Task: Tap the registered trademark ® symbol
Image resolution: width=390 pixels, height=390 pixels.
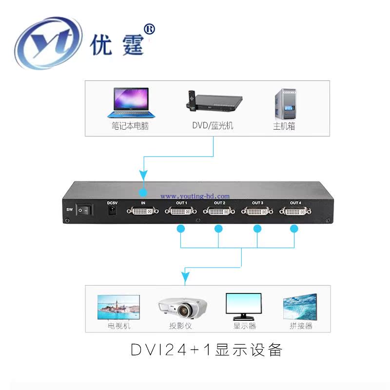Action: coord(150,30)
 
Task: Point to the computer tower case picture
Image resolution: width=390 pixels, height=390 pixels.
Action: coord(284,103)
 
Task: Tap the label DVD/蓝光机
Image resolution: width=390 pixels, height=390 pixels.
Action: coord(213,126)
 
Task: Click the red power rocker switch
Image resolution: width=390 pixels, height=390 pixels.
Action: coord(86,210)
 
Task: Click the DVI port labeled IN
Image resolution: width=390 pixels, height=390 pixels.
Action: coord(143,212)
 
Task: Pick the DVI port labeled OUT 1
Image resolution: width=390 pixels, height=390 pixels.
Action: coord(181,212)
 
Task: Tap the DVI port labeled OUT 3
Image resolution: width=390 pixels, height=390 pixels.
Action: coord(257,212)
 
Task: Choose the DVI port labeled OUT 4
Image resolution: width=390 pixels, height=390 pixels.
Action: coord(294,212)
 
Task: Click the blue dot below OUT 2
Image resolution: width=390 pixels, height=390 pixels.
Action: coord(219,228)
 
